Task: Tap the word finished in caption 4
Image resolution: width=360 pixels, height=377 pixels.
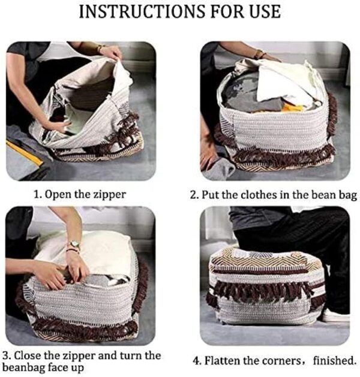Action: click(334, 360)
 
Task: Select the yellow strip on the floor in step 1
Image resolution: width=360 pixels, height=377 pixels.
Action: click(24, 153)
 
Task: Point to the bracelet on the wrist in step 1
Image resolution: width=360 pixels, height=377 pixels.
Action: click(100, 49)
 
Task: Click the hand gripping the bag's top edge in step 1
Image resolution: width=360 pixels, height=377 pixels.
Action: click(112, 53)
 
